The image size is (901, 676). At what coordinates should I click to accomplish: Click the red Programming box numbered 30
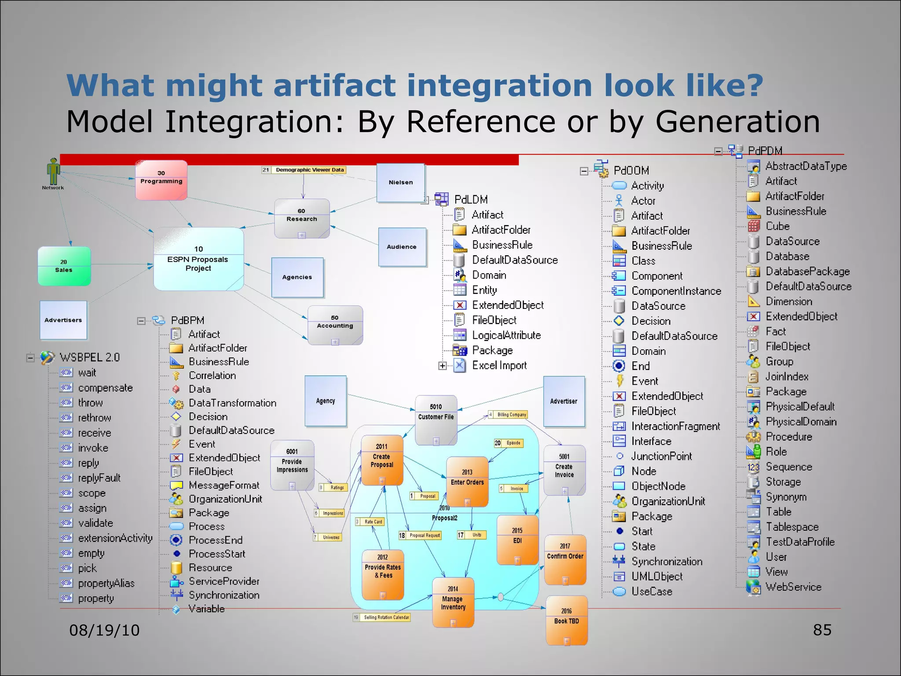pos(161,180)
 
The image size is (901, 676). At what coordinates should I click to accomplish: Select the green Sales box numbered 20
pos(64,266)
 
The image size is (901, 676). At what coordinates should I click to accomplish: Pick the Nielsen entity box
pos(401,182)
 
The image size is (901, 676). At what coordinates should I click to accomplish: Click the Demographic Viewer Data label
pos(309,170)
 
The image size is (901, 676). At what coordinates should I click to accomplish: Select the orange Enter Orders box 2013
pos(467,481)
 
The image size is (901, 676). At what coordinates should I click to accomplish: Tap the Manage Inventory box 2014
pos(453,602)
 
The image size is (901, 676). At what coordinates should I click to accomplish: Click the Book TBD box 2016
pos(567,620)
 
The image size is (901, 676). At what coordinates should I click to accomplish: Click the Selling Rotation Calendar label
pos(386,617)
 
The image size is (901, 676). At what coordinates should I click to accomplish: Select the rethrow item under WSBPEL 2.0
pos(95,418)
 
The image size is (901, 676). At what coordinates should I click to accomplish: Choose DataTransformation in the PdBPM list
pos(232,403)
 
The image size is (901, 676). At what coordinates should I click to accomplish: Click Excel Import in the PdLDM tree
pos(499,365)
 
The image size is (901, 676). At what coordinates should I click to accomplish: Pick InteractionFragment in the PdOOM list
pos(675,426)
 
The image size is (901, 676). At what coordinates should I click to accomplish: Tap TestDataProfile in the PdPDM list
pos(800,542)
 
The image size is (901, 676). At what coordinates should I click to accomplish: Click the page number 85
pos(822,630)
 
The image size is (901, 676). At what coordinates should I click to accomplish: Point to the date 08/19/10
pos(104,630)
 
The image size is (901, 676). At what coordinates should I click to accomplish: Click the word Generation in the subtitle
pos(737,121)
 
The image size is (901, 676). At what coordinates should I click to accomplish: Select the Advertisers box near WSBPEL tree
pos(63,320)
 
